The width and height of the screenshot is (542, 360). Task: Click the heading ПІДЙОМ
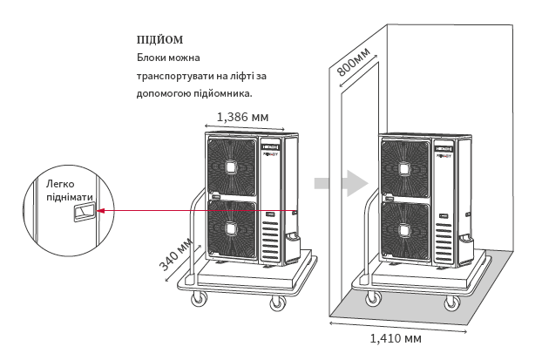point(159,40)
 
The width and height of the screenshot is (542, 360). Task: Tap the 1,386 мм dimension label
point(242,117)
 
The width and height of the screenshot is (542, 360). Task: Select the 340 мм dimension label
point(175,255)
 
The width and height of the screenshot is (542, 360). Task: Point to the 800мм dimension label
point(353,61)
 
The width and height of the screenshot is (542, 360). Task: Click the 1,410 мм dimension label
point(396,338)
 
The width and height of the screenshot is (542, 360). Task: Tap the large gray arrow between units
point(341,183)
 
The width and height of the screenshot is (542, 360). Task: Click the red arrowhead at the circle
point(100,211)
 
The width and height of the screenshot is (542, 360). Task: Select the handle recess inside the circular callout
point(84,213)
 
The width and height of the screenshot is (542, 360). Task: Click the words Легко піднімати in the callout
point(70,191)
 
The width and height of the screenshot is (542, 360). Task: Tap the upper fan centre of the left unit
point(231,167)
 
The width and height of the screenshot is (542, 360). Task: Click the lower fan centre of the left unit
point(231,229)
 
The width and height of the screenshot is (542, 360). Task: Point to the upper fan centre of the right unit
point(404,169)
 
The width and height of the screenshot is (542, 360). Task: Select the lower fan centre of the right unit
point(404,230)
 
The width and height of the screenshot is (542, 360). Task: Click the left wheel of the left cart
point(199,298)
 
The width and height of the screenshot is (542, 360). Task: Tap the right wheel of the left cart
point(278,303)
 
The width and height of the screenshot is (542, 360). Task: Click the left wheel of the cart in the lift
point(374,298)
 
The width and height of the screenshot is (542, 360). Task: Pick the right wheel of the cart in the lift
point(452,303)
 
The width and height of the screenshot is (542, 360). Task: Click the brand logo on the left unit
point(270,147)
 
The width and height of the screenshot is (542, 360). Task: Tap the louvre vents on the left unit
point(269,241)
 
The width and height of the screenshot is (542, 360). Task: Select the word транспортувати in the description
point(175,76)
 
